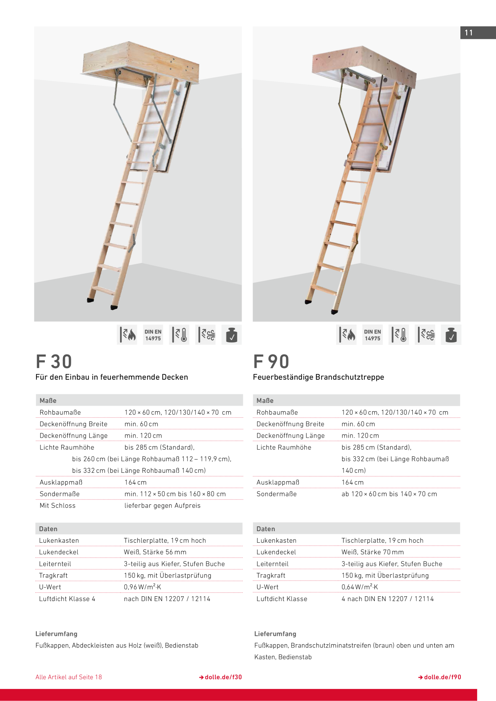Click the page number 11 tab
(x=478, y=33)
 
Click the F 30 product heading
(x=54, y=361)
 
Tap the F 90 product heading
(x=271, y=361)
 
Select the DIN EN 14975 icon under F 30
(x=153, y=335)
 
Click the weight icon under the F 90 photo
(x=451, y=335)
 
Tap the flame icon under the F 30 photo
(x=128, y=335)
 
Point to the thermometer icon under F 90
(x=399, y=335)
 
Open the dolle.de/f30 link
(x=220, y=677)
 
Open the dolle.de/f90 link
(x=440, y=677)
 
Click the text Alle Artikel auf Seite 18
(x=69, y=677)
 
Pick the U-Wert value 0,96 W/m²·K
(x=142, y=587)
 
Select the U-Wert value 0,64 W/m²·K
(x=360, y=587)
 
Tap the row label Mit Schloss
(x=58, y=506)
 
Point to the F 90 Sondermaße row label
(x=277, y=494)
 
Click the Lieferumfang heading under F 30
(x=56, y=634)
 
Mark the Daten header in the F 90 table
(x=266, y=529)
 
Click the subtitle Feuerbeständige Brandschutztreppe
(x=318, y=377)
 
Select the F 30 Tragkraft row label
(x=54, y=576)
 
